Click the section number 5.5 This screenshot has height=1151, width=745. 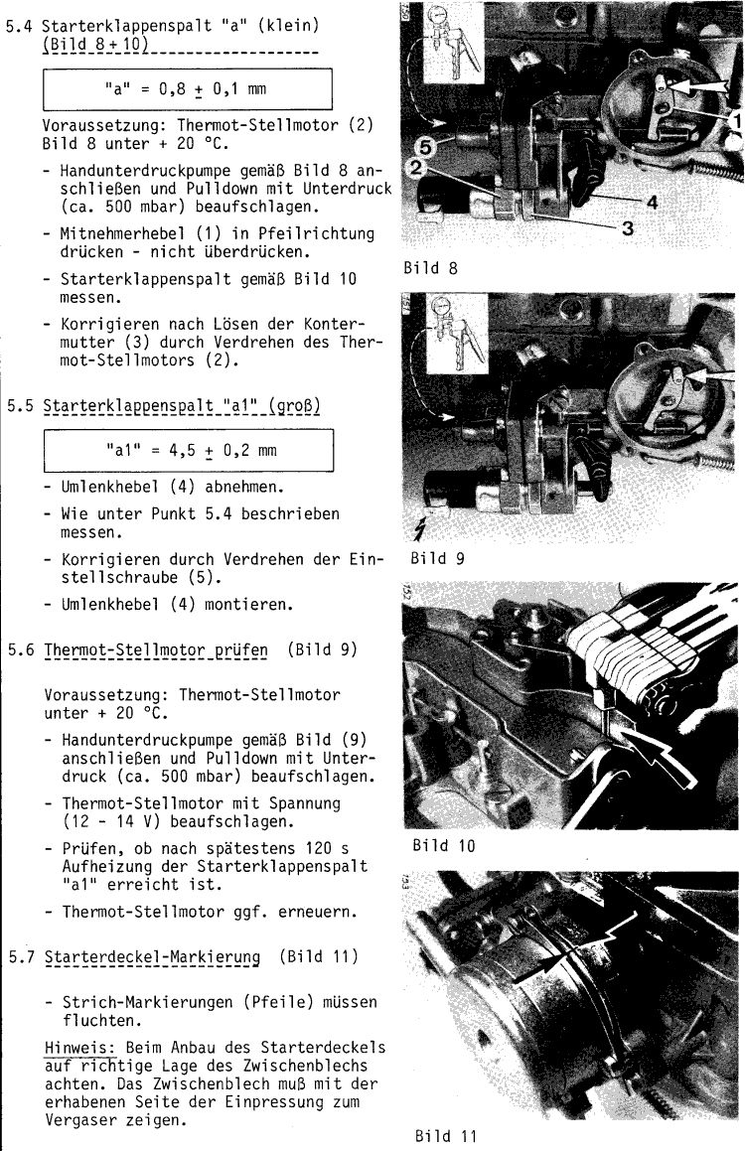20,408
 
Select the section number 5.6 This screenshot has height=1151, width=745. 20,651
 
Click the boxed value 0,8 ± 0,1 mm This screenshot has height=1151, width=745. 187,89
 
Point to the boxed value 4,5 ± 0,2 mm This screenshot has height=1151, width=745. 187,449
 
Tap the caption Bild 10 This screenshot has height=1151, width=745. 436,846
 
